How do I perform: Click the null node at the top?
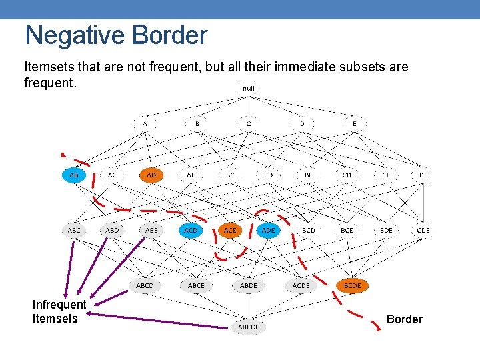(248, 88)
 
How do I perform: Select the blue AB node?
(74, 175)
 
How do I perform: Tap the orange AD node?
(151, 175)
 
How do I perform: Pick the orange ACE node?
(229, 230)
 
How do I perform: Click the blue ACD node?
(191, 230)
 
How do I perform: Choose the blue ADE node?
(268, 230)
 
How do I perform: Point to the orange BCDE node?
(352, 285)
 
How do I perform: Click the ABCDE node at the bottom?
(248, 327)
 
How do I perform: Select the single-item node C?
(249, 123)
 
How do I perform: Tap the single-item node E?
(354, 123)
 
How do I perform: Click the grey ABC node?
(74, 230)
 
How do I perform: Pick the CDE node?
(423, 230)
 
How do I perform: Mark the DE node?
(423, 175)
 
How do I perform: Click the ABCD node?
(145, 285)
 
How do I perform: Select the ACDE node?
(301, 285)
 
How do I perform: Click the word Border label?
(404, 319)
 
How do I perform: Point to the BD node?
(268, 175)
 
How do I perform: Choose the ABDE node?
(248, 285)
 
